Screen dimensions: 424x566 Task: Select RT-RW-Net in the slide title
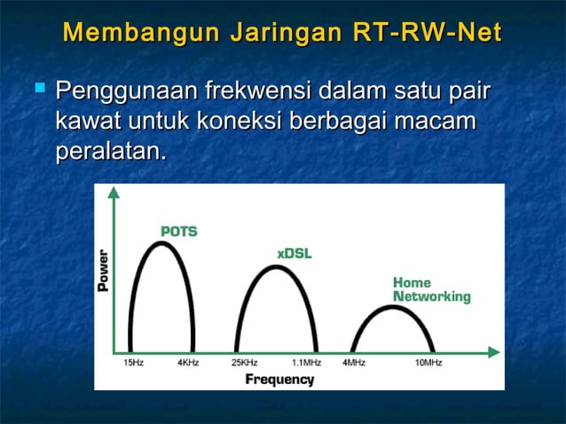pyautogui.click(x=426, y=33)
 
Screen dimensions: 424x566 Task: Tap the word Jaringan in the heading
pyautogui.click(x=285, y=33)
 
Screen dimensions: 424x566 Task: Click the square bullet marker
pyautogui.click(x=39, y=89)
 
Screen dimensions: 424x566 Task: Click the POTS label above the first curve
pyautogui.click(x=178, y=232)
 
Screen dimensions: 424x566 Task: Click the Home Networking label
pyautogui.click(x=431, y=290)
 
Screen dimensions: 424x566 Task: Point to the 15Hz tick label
pyautogui.click(x=131, y=364)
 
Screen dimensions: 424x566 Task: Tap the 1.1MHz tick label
pyautogui.click(x=306, y=364)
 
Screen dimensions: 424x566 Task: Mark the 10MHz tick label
pyautogui.click(x=428, y=364)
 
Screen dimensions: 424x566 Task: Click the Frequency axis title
pyautogui.click(x=279, y=380)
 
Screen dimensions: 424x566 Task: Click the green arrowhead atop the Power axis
pyautogui.click(x=113, y=193)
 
